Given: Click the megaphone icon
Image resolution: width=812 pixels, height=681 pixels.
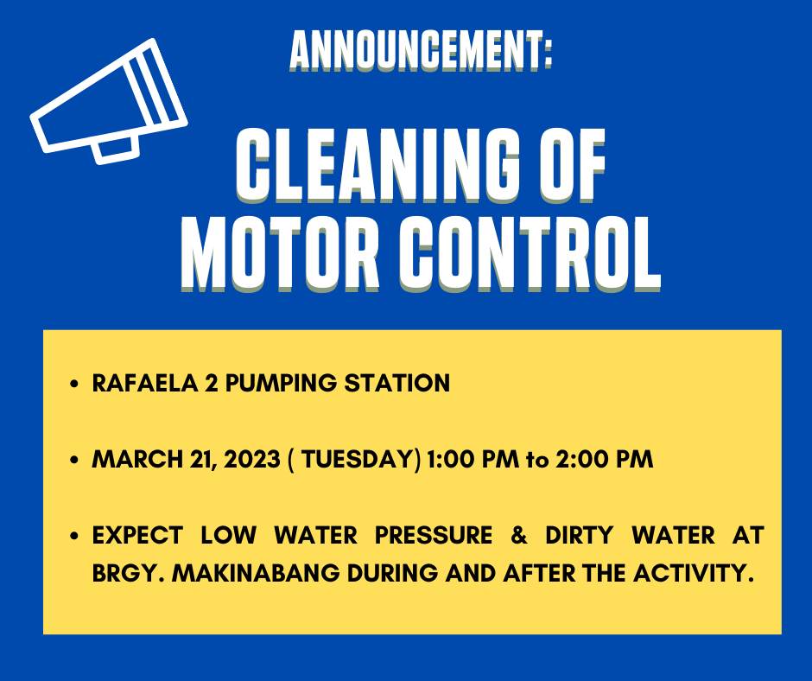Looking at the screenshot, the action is coord(108,102).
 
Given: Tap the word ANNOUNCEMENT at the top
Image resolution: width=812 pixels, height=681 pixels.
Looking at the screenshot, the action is coord(416,50).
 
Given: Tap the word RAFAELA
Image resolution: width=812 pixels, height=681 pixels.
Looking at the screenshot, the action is coord(144,383).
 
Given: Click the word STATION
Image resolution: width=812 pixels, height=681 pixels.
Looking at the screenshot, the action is coord(397,383).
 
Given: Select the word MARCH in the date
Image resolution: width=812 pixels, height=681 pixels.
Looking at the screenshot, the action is coord(136,459).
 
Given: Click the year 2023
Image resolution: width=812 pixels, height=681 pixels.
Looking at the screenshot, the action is coord(252,459).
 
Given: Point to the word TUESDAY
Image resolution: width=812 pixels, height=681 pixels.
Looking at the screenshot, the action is coord(358,459).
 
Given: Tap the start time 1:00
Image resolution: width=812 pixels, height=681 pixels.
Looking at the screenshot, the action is coord(447,459).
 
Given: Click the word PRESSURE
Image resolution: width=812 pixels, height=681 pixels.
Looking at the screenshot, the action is coord(434,535).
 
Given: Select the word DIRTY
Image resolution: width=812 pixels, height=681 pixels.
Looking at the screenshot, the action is coord(579,535).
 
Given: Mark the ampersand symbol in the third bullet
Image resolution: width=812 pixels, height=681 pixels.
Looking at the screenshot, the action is coord(518,535).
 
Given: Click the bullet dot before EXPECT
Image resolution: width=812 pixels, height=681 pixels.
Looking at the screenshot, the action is coord(75,536).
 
